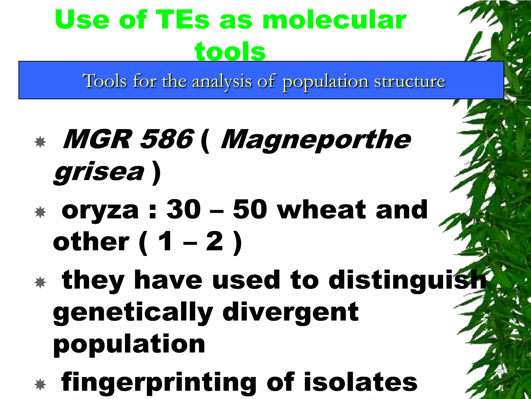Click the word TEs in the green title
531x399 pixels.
183,20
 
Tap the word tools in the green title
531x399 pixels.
230,51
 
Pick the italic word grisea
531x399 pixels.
99,172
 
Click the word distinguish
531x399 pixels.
408,280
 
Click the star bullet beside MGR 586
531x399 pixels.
40,142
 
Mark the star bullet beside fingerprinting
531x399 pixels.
40,385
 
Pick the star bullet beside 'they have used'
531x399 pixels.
40,282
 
